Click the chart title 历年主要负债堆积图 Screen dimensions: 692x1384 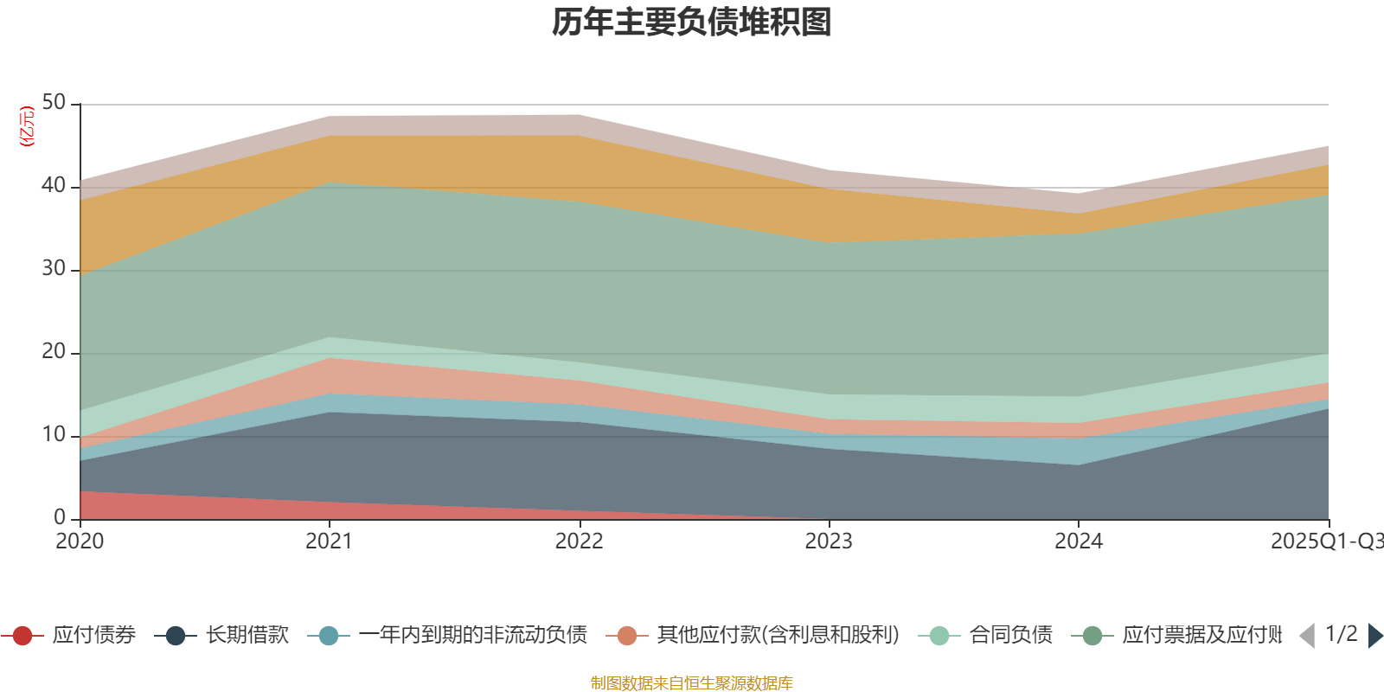click(692, 22)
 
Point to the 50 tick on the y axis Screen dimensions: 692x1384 click(54, 103)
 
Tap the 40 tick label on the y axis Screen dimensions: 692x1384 click(54, 186)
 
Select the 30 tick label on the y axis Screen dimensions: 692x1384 click(54, 269)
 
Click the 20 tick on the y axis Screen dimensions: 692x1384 click(54, 352)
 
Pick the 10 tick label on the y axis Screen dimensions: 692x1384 click(54, 435)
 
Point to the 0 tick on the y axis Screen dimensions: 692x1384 click(60, 517)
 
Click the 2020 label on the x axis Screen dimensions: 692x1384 click(80, 541)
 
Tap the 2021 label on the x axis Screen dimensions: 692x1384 click(329, 541)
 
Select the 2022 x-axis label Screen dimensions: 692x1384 click(579, 541)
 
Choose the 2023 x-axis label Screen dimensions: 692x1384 click(829, 541)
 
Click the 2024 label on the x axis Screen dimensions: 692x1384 click(1078, 541)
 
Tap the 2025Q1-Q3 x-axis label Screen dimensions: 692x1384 click(1325, 541)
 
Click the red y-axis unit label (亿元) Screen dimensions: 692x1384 click(27, 126)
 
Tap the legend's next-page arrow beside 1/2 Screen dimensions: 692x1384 click(1374, 636)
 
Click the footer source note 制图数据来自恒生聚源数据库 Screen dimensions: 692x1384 click(692, 683)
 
